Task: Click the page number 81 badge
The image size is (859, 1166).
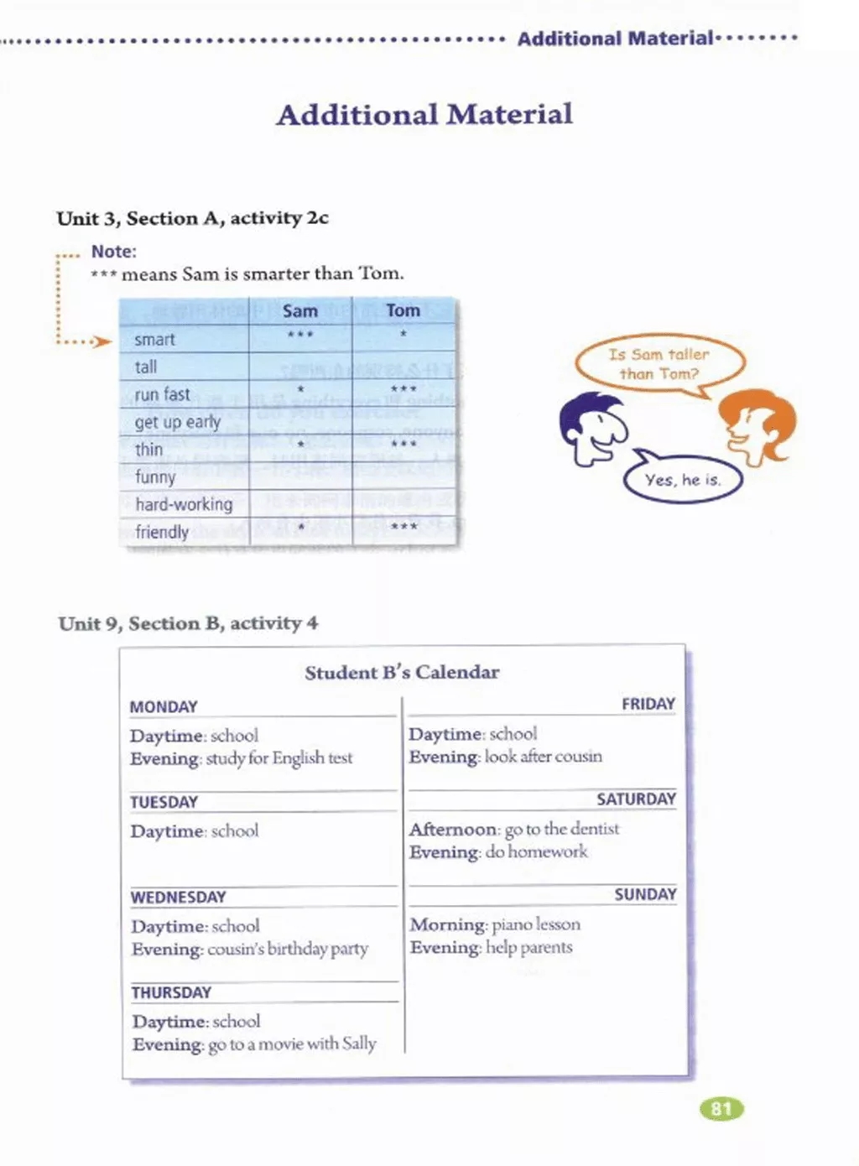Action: coord(721,1109)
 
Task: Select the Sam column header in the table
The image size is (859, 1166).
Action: coord(299,311)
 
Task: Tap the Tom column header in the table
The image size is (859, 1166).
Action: coord(403,310)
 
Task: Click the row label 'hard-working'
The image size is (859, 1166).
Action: coord(184,504)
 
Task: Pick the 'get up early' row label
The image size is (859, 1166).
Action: coord(177,422)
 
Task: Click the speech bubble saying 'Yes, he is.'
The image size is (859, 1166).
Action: coord(682,480)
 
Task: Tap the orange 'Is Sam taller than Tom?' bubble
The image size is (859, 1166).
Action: coord(659,364)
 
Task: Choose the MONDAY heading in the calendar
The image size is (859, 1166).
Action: coord(164,707)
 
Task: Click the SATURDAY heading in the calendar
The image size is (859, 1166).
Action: coord(636,799)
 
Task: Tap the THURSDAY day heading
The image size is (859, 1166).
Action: coord(171,992)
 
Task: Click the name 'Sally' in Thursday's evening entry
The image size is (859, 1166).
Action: coord(358,1044)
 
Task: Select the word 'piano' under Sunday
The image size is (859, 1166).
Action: coord(511,924)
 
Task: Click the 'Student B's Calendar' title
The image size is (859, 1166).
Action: coord(402,673)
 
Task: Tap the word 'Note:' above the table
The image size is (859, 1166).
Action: coord(114,252)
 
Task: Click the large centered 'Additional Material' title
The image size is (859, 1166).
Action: coord(424,114)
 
